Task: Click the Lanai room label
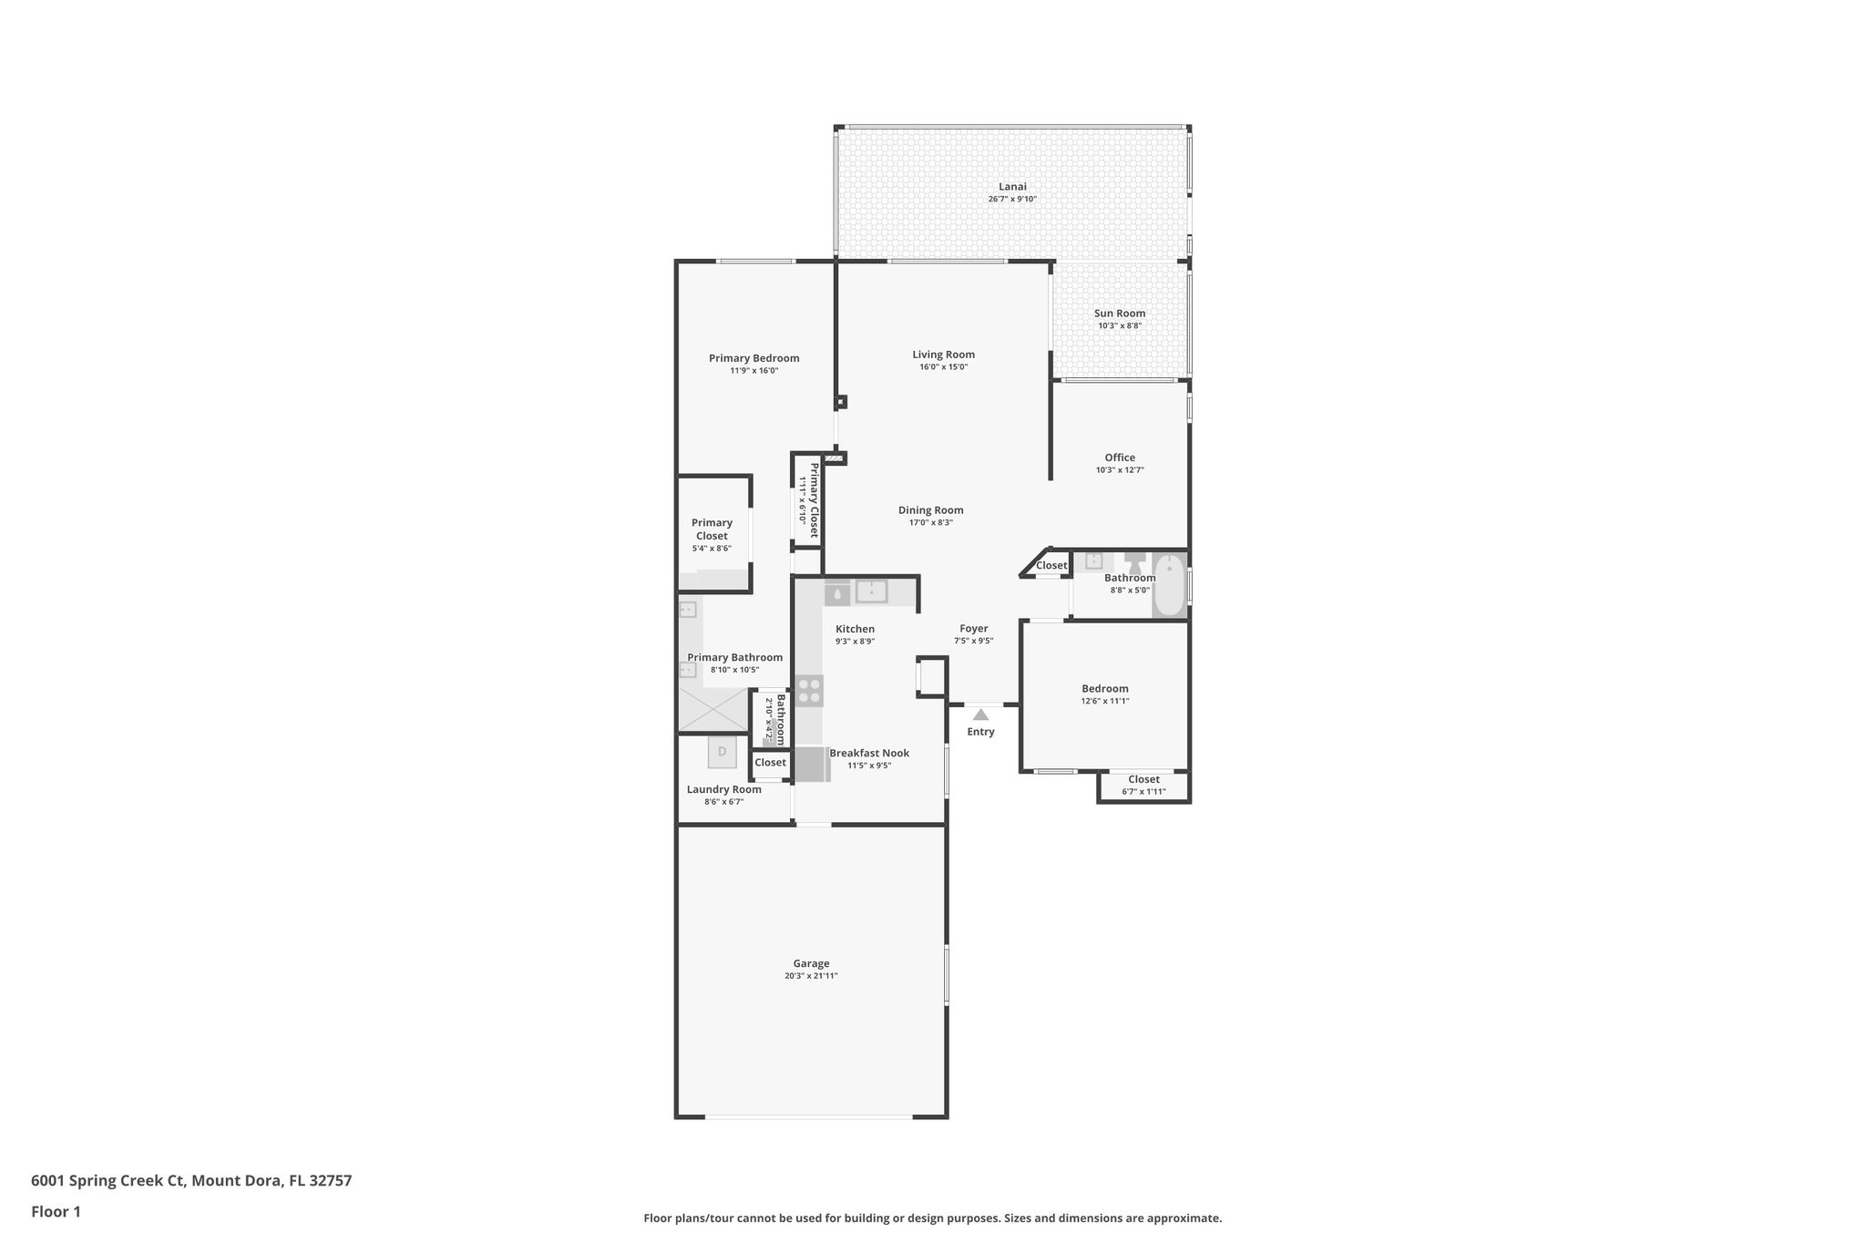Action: click(1012, 187)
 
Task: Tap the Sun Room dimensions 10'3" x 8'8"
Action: click(1120, 325)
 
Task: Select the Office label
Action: click(1120, 458)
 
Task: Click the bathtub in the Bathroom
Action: click(1170, 585)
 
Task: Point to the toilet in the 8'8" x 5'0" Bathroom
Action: click(1135, 561)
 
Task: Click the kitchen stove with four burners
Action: click(809, 691)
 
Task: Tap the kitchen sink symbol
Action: click(871, 591)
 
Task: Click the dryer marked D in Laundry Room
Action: click(722, 752)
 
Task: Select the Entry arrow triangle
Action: click(980, 715)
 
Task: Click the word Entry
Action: click(980, 732)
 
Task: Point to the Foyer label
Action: click(973, 629)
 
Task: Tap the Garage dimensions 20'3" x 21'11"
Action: click(811, 976)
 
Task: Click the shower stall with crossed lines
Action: click(713, 709)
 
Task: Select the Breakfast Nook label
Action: click(869, 753)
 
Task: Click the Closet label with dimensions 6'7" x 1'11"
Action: click(1143, 779)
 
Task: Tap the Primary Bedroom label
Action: click(754, 358)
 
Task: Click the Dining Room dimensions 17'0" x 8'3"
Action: click(930, 523)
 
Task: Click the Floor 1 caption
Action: click(56, 1212)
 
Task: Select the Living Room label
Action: click(943, 355)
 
